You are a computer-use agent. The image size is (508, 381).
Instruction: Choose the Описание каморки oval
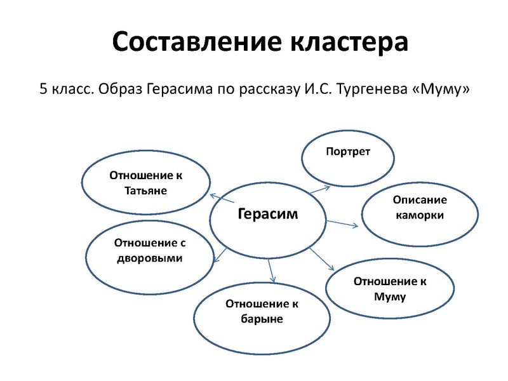coord(420,208)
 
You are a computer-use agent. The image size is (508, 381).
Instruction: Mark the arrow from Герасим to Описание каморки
coord(343,223)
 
